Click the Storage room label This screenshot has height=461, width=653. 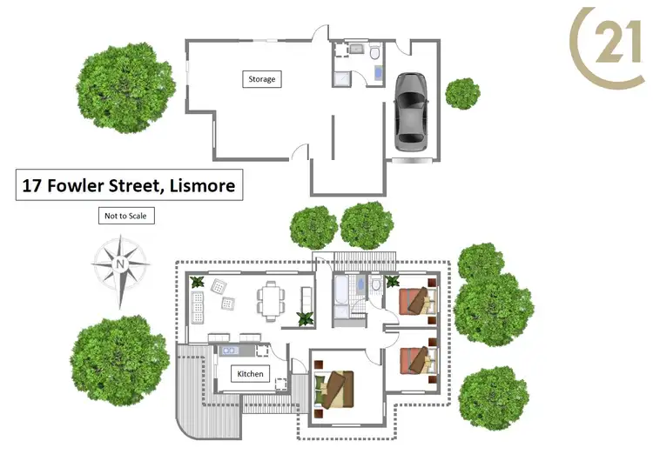(x=262, y=79)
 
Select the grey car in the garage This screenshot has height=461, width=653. (x=412, y=110)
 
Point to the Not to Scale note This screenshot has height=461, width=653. (x=125, y=216)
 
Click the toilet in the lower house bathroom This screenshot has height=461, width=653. (x=374, y=285)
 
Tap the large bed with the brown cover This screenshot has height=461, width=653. (x=334, y=388)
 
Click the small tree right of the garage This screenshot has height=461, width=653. (x=462, y=91)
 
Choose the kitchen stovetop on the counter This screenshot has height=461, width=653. (x=231, y=350)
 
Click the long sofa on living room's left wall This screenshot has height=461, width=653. (x=198, y=305)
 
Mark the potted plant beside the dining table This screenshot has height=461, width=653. (x=306, y=318)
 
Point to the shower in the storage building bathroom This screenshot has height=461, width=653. (x=340, y=77)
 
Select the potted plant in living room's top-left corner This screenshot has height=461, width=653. (x=198, y=282)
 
